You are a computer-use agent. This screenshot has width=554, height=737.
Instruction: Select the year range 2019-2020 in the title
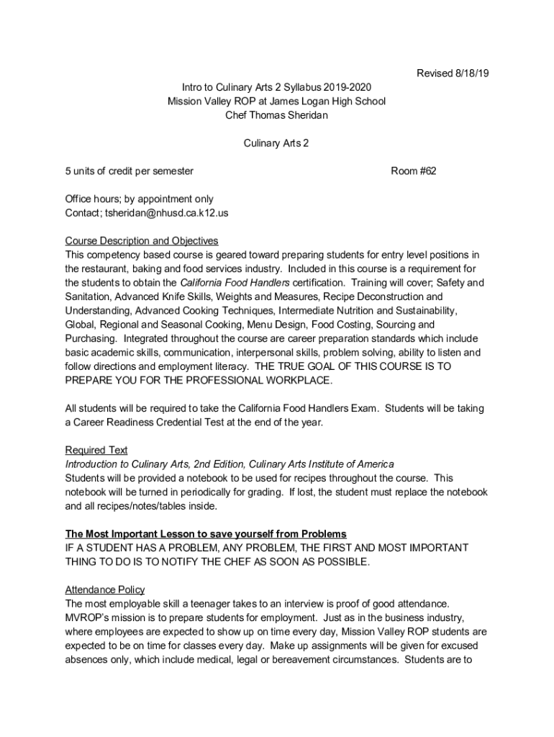pos(348,87)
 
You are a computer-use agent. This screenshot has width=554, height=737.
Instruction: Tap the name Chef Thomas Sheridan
pos(276,115)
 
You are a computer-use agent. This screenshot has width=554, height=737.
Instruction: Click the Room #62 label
pos(413,171)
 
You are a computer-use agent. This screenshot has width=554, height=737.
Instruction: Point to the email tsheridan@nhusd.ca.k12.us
pos(167,213)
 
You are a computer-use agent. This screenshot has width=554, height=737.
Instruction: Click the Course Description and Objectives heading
pos(141,241)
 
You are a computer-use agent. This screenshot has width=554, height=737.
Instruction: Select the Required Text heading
pos(96,451)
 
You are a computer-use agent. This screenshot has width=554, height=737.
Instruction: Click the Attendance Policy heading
pos(104,589)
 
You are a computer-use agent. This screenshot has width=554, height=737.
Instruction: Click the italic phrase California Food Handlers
pos(235,283)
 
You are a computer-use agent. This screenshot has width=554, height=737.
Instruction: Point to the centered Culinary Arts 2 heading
pos(276,143)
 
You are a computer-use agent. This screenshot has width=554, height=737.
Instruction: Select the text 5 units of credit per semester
pos(130,171)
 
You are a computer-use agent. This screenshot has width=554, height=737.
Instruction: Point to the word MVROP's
pos(90,618)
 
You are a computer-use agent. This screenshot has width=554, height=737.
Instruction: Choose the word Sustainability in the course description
pos(423,311)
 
